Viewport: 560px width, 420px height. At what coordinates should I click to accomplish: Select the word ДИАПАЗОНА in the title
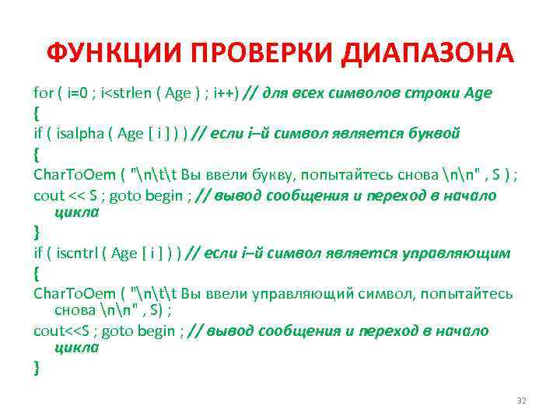[x=427, y=54]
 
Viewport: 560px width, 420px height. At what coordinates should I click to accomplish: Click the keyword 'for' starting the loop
[x=43, y=93]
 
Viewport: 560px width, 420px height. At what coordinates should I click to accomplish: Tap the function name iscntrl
[x=80, y=254]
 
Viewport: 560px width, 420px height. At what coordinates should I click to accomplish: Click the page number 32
[x=521, y=400]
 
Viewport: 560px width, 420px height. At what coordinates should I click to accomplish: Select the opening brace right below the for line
[x=37, y=114]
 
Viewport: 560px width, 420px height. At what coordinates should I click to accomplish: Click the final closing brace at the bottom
[x=37, y=369]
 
